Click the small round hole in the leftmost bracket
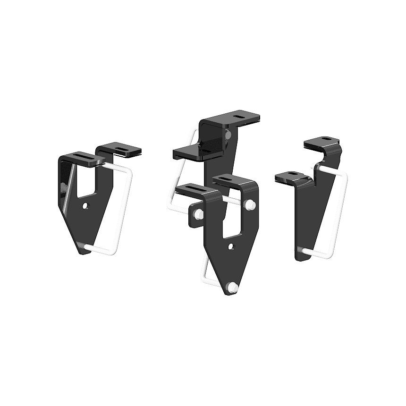(x=85, y=206)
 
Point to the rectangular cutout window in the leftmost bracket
(x=85, y=181)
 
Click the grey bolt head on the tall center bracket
(x=229, y=135)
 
